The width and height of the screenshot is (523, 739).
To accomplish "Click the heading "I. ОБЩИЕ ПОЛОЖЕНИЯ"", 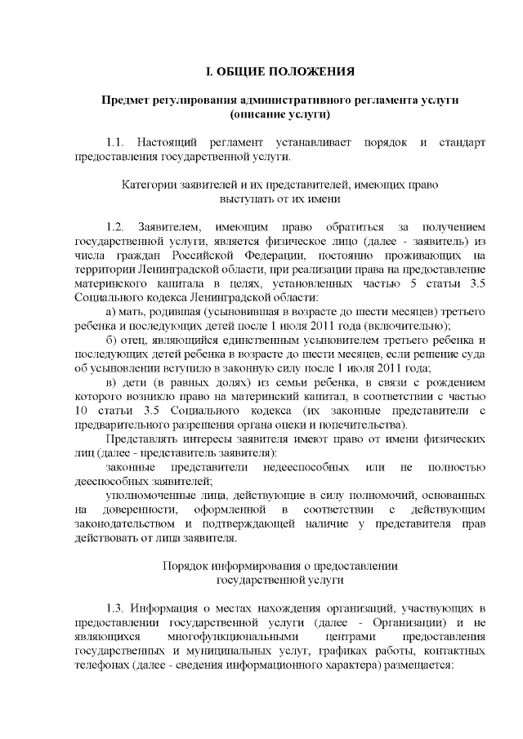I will pos(279,72).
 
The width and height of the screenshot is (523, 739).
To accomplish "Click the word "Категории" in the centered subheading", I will pos(145,184).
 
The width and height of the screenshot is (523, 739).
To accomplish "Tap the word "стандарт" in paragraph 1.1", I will pos(462,143).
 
